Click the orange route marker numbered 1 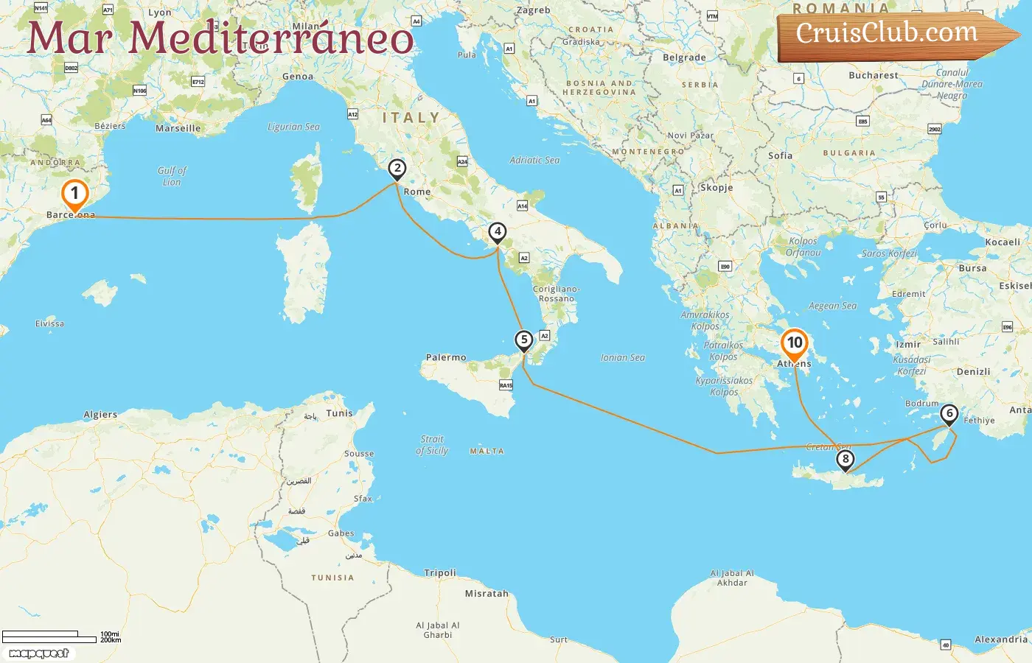[74, 194]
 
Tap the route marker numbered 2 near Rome [397, 169]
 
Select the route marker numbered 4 [498, 232]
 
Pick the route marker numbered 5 [523, 340]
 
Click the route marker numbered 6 [949, 414]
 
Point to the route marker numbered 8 [846, 460]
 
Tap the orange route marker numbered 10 [795, 343]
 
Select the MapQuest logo [39, 653]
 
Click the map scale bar [50, 636]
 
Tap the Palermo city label [446, 357]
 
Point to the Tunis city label [340, 413]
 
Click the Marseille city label [178, 128]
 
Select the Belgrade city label [684, 57]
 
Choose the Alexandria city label [1001, 639]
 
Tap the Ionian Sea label [623, 357]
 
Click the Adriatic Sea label [534, 160]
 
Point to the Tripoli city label [440, 572]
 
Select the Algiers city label [100, 415]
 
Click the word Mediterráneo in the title [271, 38]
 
